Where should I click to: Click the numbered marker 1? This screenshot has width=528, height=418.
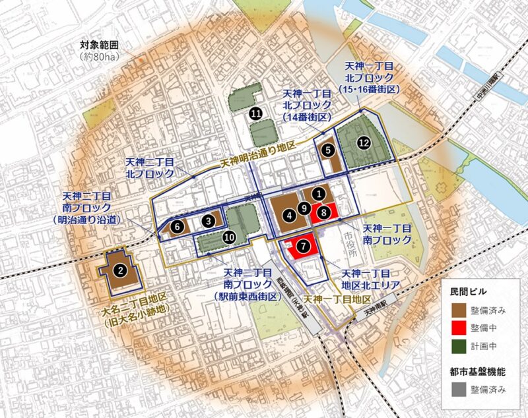pyautogui.click(x=319, y=194)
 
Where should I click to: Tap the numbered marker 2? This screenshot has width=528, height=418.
pyautogui.click(x=120, y=270)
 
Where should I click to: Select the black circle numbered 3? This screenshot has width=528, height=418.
pyautogui.click(x=209, y=221)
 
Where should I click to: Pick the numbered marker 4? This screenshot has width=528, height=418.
pyautogui.click(x=289, y=215)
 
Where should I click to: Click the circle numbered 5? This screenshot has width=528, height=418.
pyautogui.click(x=328, y=150)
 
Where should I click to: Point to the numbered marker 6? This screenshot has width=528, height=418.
pyautogui.click(x=176, y=226)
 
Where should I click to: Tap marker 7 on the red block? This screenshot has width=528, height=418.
pyautogui.click(x=303, y=245)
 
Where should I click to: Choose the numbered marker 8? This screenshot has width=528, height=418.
pyautogui.click(x=323, y=212)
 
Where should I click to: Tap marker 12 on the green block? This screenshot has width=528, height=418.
pyautogui.click(x=362, y=142)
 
